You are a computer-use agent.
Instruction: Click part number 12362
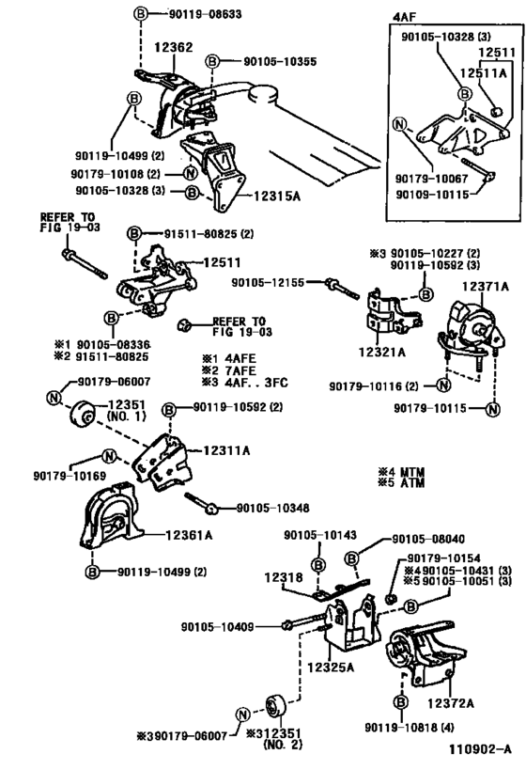pos(174,47)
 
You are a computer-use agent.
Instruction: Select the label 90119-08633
pos(206,14)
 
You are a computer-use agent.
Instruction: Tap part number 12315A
pos(277,196)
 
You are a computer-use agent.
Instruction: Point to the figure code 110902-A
pos(480,749)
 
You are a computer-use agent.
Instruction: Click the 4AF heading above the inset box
pos(404,16)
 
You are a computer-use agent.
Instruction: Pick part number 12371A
pos(486,286)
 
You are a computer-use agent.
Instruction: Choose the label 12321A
pos(382,352)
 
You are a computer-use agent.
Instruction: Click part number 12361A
pos(189,534)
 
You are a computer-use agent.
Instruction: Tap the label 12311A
pos(226,449)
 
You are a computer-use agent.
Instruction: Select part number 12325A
pos(331,667)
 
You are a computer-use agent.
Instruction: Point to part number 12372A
pos(451,703)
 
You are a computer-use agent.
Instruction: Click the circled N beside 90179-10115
pos(493,409)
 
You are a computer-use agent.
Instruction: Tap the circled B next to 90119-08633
pos(140,14)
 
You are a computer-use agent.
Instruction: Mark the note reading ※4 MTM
pos(401,472)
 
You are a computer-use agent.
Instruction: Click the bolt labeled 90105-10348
pos(202,504)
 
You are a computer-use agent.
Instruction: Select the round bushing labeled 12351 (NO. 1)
pos(83,415)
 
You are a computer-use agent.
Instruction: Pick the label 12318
pos(284,577)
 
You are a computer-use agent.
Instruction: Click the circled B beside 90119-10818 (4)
pos(401,702)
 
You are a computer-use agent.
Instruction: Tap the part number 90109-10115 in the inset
pos(432,194)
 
